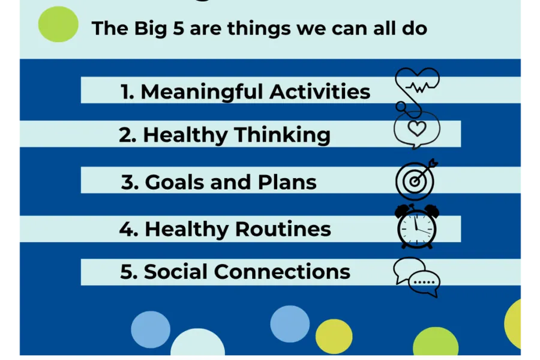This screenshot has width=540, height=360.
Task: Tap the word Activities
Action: (320, 92)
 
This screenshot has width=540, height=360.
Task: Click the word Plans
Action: (287, 182)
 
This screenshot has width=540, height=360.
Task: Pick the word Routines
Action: (283, 229)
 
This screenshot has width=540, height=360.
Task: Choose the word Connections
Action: (282, 271)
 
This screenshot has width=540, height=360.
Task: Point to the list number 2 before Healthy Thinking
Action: (127, 134)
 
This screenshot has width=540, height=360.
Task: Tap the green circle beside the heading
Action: (58, 24)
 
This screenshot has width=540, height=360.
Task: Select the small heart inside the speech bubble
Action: (417, 128)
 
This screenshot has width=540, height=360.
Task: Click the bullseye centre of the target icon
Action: (414, 181)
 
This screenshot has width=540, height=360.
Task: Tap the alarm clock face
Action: (417, 228)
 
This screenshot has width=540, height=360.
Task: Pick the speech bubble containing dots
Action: (424, 283)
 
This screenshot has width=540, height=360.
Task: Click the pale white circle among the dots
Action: (197, 342)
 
